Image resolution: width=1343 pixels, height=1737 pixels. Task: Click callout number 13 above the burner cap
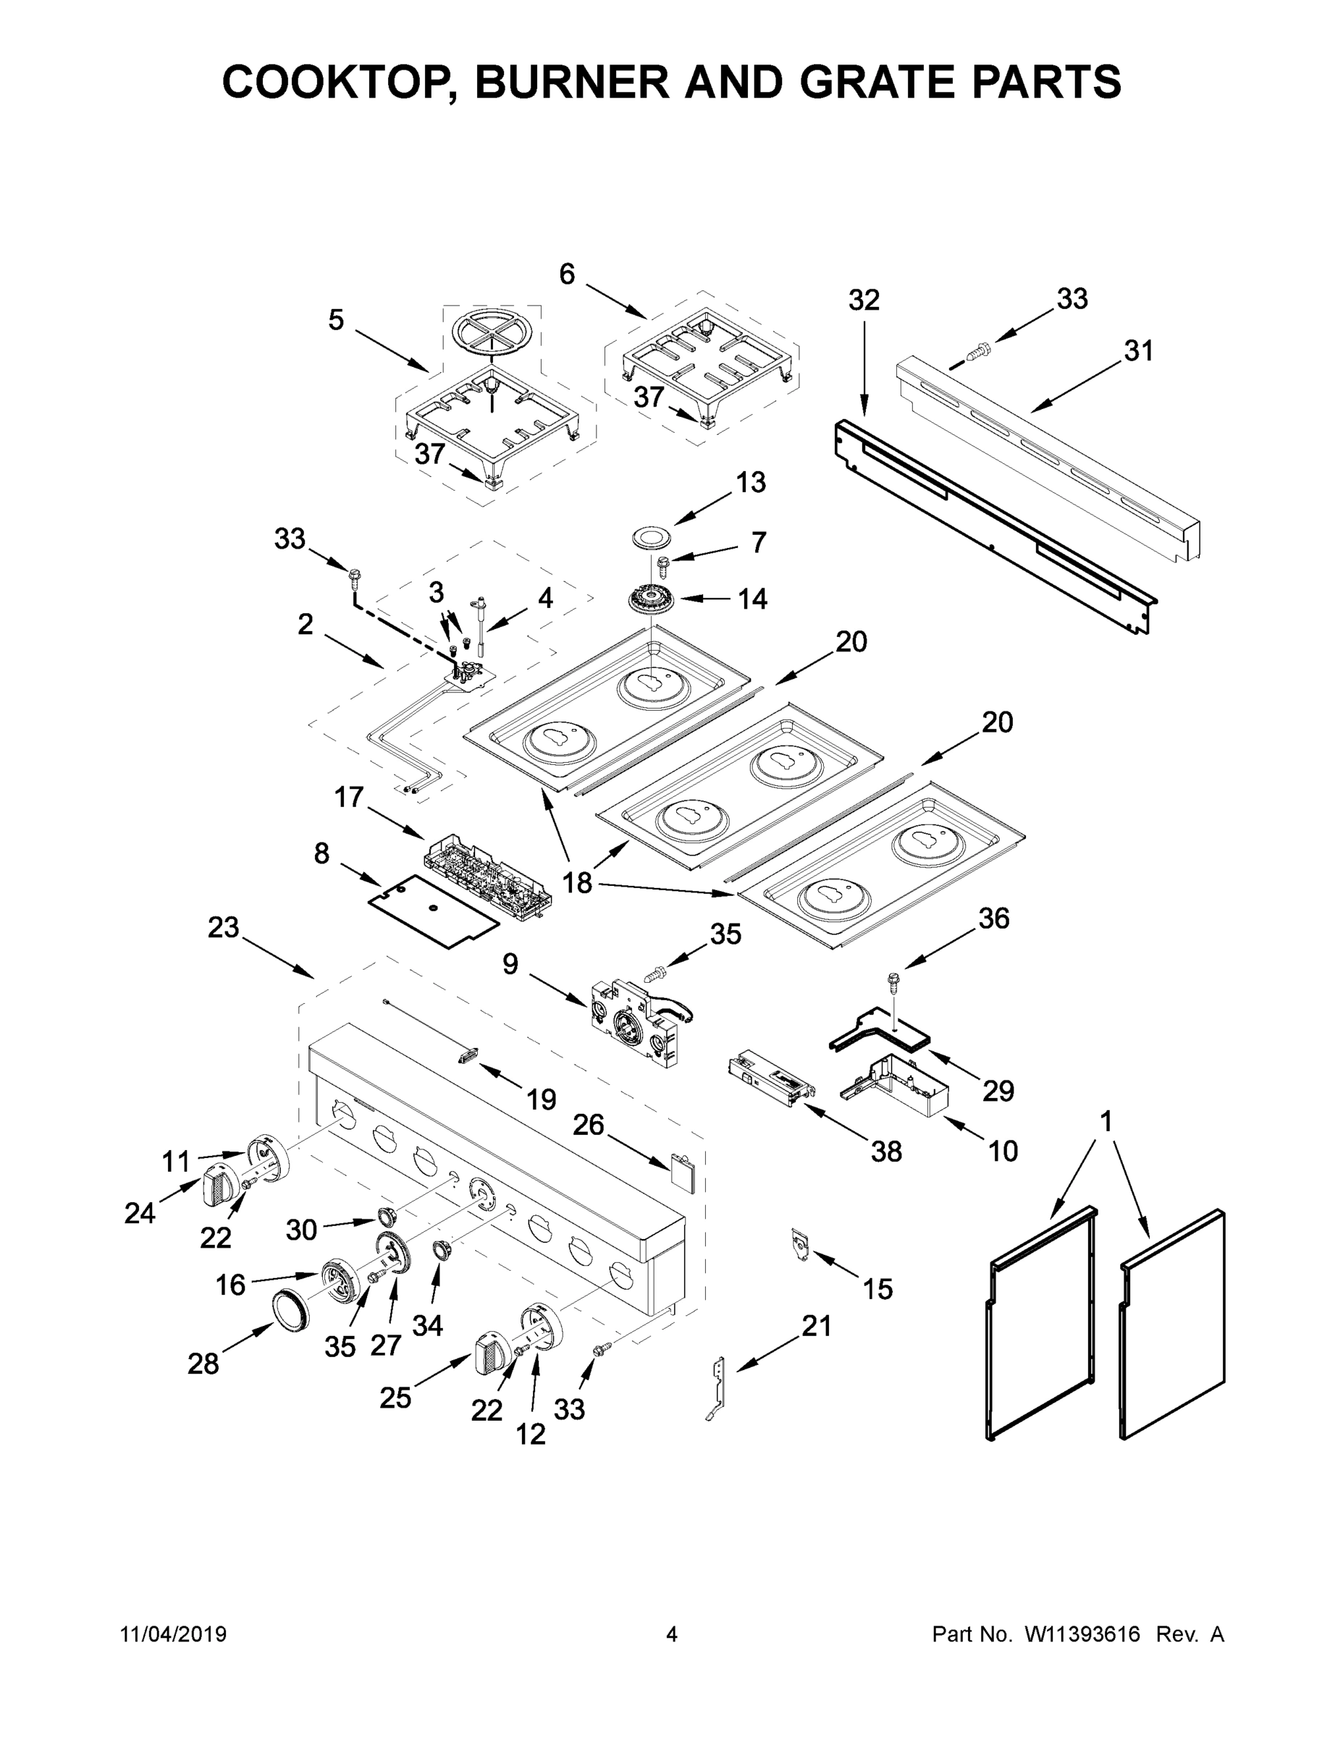pyautogui.click(x=750, y=482)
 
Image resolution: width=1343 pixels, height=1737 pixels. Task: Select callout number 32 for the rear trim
pyautogui.click(x=864, y=300)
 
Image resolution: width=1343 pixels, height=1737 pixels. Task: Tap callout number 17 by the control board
pyautogui.click(x=348, y=797)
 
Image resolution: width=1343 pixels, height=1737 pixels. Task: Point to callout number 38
pyautogui.click(x=886, y=1151)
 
